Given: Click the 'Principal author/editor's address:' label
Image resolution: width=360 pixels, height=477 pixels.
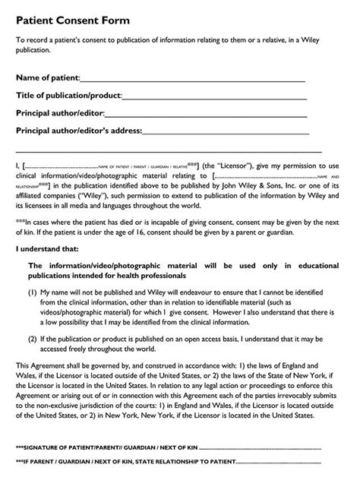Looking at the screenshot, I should click(78, 131).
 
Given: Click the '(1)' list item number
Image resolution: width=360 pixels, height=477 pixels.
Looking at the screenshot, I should click(33, 291).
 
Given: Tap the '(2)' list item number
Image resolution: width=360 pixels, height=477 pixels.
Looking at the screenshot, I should click(33, 338).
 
